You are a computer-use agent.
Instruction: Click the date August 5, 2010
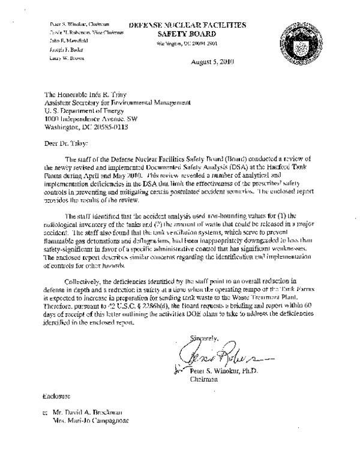212,62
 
